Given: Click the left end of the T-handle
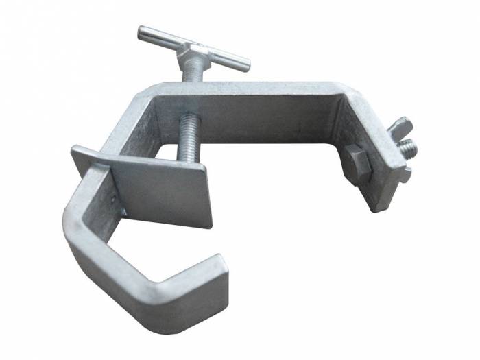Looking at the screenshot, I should pos(142,32).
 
